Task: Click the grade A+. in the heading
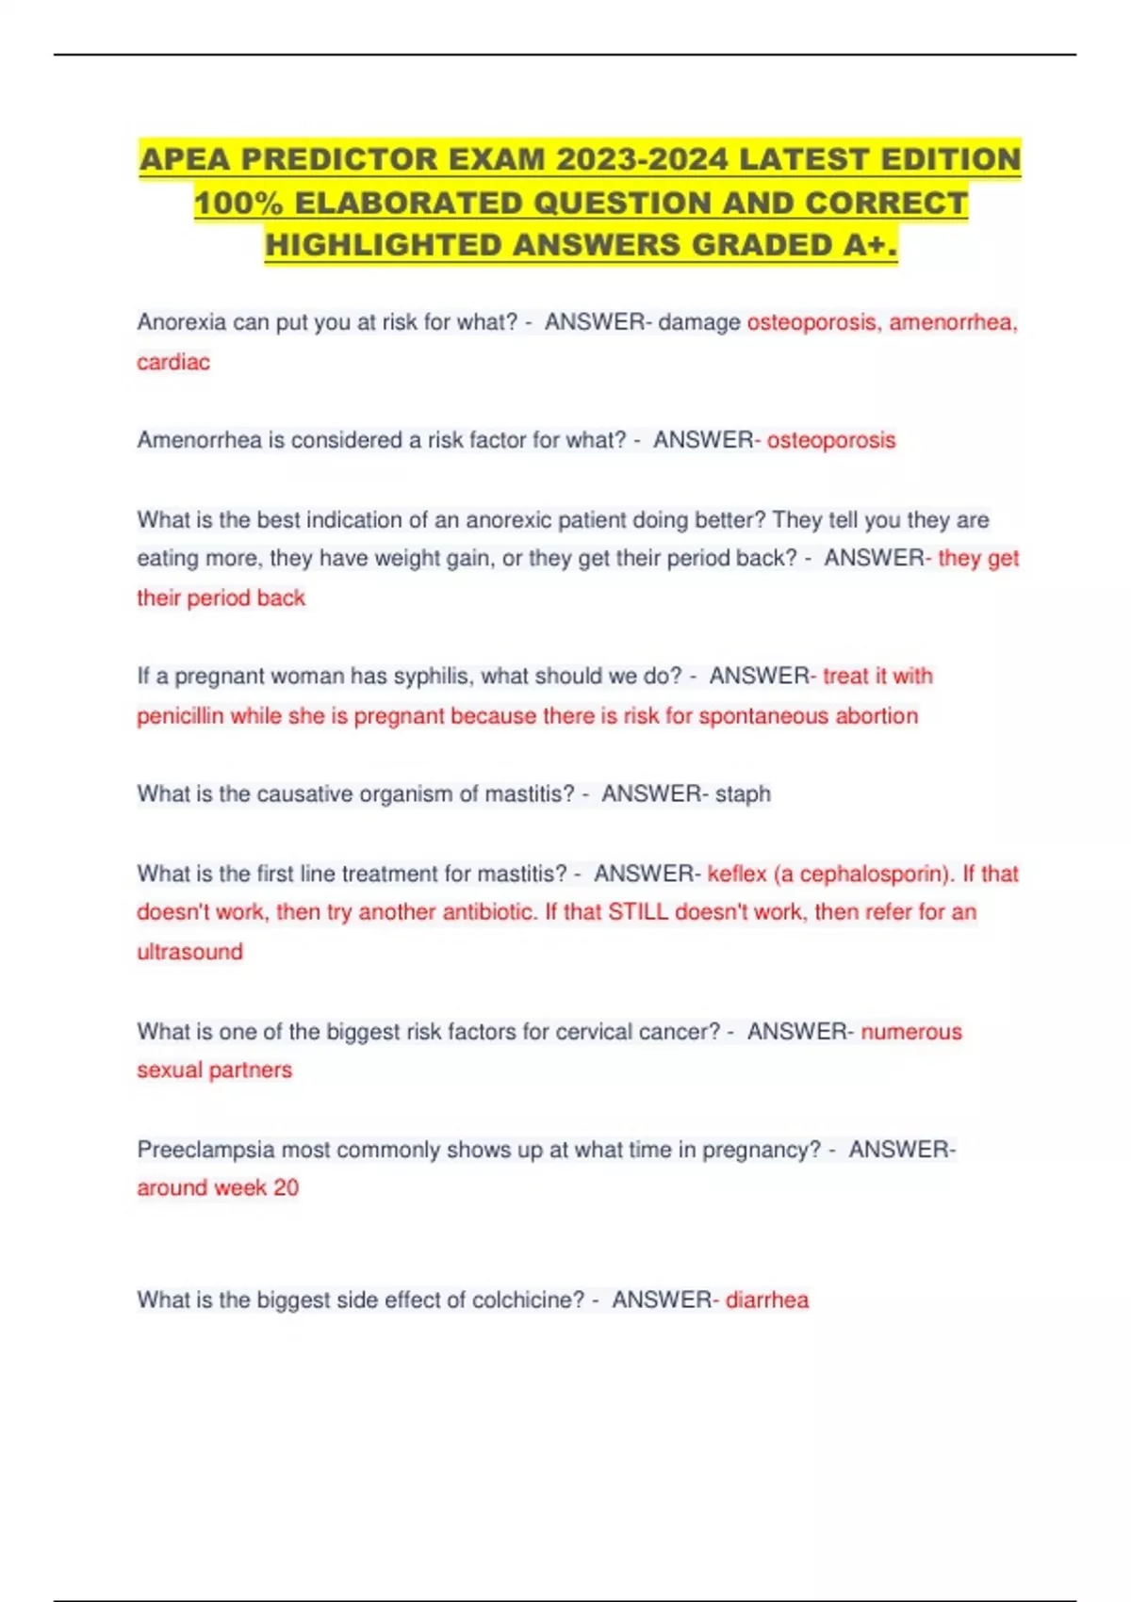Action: click(x=869, y=245)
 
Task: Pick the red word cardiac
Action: click(x=173, y=362)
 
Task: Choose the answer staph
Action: click(x=743, y=794)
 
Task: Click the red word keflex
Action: click(x=737, y=874)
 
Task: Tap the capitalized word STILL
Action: click(x=638, y=912)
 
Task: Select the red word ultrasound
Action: click(x=189, y=952)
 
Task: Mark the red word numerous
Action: click(x=911, y=1032)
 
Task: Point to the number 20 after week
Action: click(x=287, y=1188)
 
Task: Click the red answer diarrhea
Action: click(x=767, y=1300)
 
